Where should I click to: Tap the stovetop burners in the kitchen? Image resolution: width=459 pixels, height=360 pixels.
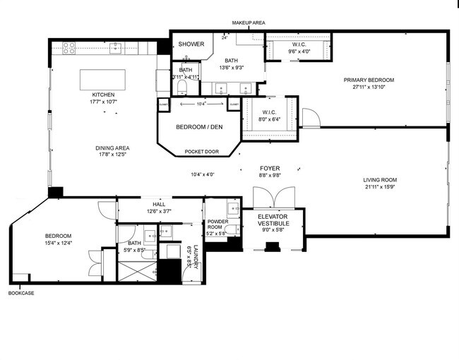(x=70, y=47)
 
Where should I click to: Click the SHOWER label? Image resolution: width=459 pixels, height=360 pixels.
(x=191, y=44)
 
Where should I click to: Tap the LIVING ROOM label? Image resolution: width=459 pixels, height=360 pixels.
(x=379, y=179)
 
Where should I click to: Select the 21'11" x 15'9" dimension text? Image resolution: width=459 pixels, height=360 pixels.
(x=379, y=187)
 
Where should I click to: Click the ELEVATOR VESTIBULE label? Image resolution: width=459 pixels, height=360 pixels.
(x=273, y=220)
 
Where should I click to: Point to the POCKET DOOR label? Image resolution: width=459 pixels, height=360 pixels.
(x=202, y=152)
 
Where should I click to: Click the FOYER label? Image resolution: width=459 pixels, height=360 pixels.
(x=270, y=168)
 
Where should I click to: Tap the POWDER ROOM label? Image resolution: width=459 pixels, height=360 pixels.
(x=216, y=224)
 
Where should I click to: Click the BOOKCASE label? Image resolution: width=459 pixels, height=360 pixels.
(x=20, y=293)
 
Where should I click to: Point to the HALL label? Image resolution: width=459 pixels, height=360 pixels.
(x=159, y=204)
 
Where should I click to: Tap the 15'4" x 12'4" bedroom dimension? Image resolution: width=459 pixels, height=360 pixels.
(x=59, y=244)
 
